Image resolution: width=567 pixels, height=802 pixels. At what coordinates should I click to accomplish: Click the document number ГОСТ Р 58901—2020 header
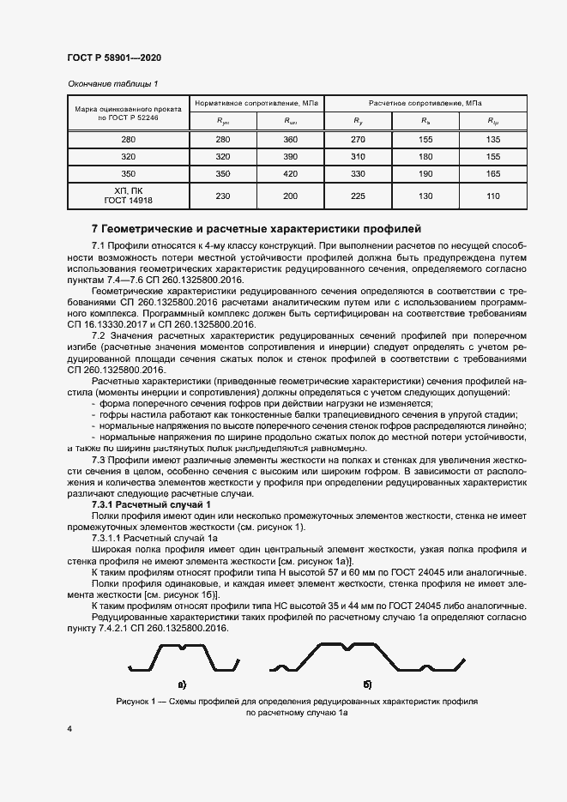[114, 57]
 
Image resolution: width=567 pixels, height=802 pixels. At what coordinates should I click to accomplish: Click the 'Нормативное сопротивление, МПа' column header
[256, 102]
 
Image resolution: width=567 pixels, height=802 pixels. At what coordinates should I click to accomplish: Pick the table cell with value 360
[290, 139]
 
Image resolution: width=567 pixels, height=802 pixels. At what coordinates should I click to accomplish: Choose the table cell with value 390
[290, 157]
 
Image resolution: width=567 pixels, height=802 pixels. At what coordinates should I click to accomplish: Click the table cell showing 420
[290, 174]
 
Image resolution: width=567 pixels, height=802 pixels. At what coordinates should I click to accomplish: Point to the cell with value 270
[358, 139]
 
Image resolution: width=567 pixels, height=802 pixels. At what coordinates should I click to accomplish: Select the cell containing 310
[358, 157]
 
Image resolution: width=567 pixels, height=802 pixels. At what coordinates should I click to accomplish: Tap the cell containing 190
[425, 174]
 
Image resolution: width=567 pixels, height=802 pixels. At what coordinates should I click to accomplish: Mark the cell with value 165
[493, 174]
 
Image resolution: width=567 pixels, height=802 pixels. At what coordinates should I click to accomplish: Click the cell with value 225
[358, 196]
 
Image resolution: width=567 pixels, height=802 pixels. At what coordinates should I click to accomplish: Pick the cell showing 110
[493, 196]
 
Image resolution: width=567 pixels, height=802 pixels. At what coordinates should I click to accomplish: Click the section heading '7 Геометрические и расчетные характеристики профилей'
[256, 229]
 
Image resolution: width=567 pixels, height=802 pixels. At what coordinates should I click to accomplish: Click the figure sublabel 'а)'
[182, 684]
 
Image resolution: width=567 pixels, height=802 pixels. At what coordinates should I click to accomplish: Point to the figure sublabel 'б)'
[367, 684]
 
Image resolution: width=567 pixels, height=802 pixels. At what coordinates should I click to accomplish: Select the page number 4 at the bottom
[69, 728]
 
